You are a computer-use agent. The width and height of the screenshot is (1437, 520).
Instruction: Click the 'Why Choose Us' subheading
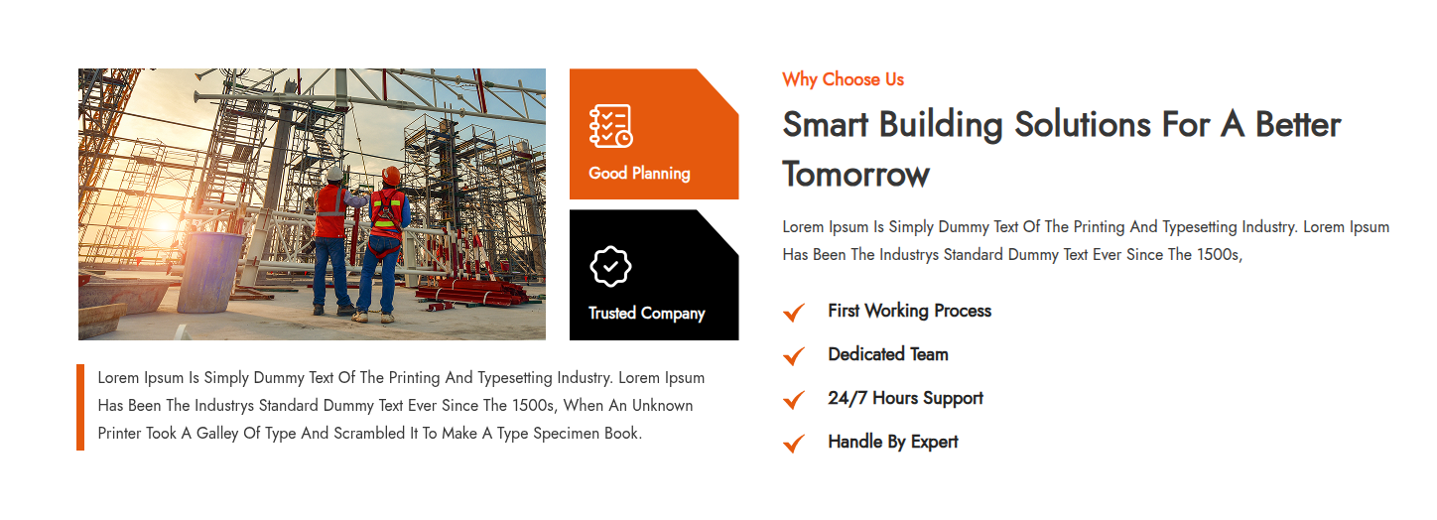click(843, 79)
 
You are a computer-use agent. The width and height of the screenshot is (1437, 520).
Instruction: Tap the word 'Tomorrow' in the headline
click(855, 175)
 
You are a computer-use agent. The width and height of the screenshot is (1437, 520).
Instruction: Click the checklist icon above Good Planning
click(610, 126)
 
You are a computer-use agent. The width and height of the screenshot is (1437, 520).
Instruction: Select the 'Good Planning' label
click(639, 173)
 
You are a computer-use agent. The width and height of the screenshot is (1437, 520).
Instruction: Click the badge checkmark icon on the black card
click(610, 266)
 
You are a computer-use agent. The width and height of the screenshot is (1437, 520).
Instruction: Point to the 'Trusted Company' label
click(647, 313)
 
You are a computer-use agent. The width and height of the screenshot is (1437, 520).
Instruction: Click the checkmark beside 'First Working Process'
click(794, 313)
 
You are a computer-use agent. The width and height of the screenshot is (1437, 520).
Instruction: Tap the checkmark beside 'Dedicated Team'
click(794, 356)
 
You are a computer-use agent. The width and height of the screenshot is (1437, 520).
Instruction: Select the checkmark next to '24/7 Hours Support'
click(794, 400)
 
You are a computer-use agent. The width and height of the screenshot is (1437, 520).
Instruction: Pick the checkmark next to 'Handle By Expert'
click(794, 443)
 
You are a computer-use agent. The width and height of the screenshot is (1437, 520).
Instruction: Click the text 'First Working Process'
click(910, 311)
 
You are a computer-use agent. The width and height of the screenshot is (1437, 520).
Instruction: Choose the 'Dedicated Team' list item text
click(888, 354)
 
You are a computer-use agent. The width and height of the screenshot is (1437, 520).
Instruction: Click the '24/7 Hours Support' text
click(905, 398)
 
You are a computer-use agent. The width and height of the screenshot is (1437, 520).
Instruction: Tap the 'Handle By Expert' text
click(893, 442)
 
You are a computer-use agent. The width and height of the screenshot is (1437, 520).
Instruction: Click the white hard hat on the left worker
click(334, 174)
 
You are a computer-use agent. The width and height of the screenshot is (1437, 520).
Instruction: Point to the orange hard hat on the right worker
click(391, 175)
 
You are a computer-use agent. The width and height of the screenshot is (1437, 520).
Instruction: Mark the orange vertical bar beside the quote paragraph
click(80, 407)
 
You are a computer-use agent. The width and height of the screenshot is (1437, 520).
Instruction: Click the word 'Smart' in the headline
click(826, 124)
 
